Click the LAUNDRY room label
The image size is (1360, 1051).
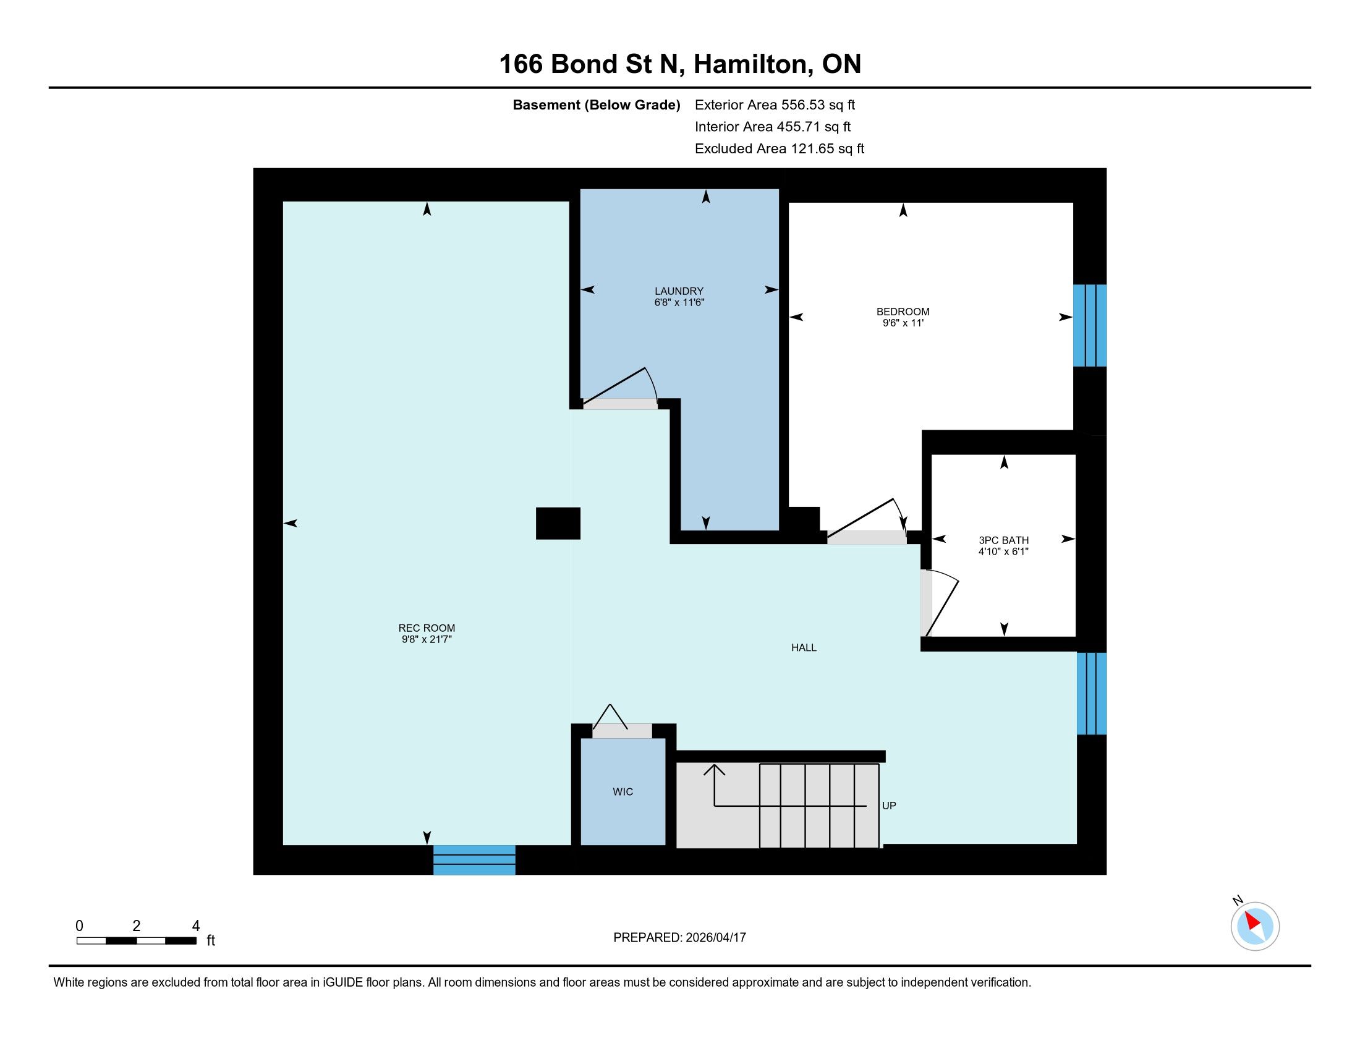click(x=679, y=291)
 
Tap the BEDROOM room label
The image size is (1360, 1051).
click(x=903, y=312)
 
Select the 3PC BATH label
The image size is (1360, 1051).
click(x=1003, y=540)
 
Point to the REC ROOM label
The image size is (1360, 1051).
click(x=427, y=628)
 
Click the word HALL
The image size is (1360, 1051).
click(x=803, y=647)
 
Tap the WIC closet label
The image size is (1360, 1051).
click(x=623, y=792)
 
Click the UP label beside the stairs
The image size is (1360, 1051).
click(x=889, y=806)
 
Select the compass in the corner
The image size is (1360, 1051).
click(x=1254, y=925)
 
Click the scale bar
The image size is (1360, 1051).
click(x=137, y=941)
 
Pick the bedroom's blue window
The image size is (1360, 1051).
click(x=1090, y=326)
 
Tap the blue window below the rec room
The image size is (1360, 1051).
click(x=475, y=860)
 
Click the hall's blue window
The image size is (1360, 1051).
click(x=1092, y=694)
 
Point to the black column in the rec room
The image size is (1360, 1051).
click(x=558, y=523)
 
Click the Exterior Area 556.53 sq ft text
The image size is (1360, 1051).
click(x=775, y=105)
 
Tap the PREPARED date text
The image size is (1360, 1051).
click(x=679, y=938)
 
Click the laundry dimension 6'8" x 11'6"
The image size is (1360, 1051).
click(x=679, y=302)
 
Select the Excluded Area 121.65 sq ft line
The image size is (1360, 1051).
click(x=780, y=149)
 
